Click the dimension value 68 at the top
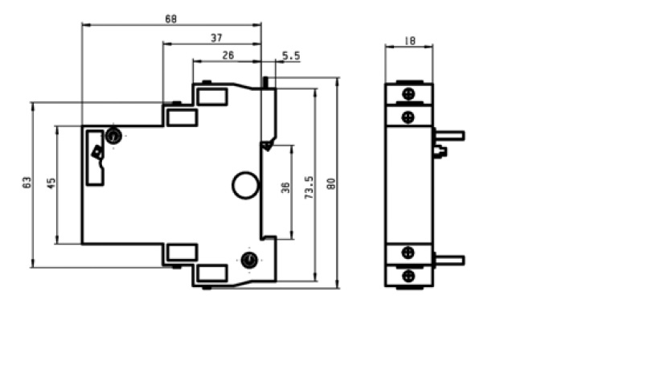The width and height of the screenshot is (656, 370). (x=170, y=18)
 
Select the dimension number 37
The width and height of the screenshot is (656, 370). (x=216, y=38)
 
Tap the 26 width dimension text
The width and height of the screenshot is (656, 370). (x=228, y=55)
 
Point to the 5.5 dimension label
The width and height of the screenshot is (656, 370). (x=291, y=55)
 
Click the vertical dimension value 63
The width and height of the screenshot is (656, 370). (x=26, y=183)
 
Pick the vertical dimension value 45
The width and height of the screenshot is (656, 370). (x=51, y=183)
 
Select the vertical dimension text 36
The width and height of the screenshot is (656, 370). (x=285, y=190)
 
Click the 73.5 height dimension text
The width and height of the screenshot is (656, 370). (x=309, y=187)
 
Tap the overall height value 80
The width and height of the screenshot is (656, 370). (x=331, y=183)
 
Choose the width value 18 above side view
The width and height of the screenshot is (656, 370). (x=409, y=39)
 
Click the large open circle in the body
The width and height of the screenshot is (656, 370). (x=245, y=186)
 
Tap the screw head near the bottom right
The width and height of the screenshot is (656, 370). (x=250, y=259)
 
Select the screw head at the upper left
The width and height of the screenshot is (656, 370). (x=113, y=136)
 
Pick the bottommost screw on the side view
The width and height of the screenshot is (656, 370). (x=408, y=275)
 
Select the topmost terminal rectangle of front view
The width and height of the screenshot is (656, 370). (x=211, y=97)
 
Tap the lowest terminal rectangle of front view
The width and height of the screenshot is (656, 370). (x=211, y=272)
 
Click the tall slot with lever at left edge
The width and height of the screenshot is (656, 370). (x=96, y=157)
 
